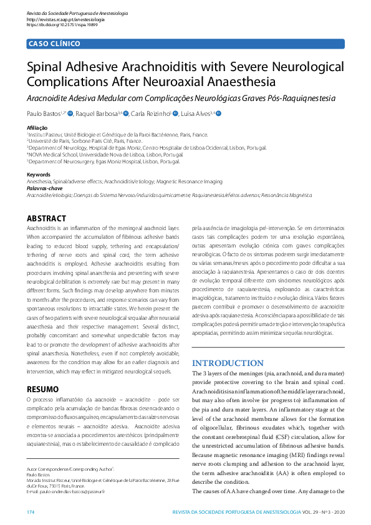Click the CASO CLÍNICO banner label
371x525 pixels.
point(54,44)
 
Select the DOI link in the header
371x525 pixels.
point(65,25)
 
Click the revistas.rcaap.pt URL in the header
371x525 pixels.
point(65,19)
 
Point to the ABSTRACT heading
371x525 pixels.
point(46,219)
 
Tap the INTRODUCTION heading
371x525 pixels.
point(228,364)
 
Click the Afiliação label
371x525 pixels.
point(37,128)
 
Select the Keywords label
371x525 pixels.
point(39,175)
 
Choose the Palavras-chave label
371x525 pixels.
point(44,187)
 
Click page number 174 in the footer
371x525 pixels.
point(31,512)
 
